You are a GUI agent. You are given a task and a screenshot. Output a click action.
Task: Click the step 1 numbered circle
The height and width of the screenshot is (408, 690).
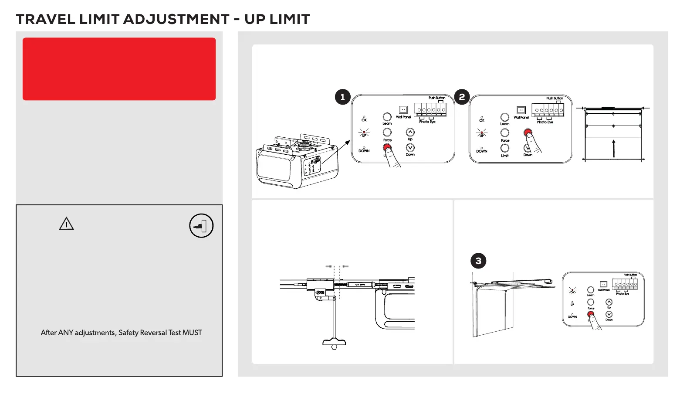click(x=343, y=97)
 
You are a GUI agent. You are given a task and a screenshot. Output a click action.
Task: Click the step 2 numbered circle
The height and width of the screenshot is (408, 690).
click(x=462, y=97)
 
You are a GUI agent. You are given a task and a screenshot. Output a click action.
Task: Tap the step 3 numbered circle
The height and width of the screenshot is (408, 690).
click(x=478, y=261)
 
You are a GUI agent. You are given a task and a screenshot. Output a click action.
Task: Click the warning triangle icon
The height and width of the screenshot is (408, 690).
click(x=66, y=224)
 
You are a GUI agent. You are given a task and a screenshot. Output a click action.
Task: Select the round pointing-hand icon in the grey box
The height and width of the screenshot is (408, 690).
click(x=201, y=226)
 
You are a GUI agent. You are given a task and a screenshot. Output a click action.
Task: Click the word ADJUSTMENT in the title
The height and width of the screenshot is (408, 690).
click(x=176, y=19)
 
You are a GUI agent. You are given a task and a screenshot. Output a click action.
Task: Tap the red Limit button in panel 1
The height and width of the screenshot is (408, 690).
click(x=387, y=148)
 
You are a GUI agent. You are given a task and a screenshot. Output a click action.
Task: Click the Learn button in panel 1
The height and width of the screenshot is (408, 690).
click(x=387, y=117)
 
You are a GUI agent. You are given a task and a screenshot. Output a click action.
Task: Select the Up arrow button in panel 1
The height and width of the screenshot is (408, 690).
click(x=410, y=132)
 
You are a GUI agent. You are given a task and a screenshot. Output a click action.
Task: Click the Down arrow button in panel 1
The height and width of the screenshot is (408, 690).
click(x=410, y=148)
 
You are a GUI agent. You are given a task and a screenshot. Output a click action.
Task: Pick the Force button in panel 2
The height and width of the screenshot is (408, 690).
click(x=505, y=133)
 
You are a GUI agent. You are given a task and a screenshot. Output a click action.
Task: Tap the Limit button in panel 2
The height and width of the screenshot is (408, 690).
click(x=505, y=148)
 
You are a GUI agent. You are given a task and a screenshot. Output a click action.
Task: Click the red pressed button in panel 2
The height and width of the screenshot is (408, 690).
click(x=528, y=133)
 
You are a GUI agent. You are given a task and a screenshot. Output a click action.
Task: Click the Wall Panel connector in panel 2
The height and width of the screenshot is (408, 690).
click(x=521, y=110)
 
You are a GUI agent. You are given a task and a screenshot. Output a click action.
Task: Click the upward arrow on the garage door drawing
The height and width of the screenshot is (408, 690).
click(x=613, y=148)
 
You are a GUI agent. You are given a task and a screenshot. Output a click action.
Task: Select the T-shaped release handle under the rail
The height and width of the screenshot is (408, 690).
click(x=334, y=342)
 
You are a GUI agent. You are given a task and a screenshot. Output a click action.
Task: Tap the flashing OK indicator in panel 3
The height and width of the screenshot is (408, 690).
click(x=572, y=290)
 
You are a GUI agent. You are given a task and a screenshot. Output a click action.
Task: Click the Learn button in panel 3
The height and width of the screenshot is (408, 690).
click(x=591, y=290)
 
